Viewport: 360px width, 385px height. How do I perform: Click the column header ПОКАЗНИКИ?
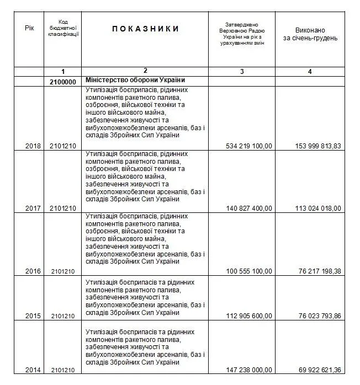[146, 29]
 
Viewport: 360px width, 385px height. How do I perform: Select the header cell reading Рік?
[29, 28]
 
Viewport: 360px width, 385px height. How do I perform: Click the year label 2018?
[34, 146]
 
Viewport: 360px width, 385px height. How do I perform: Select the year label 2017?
[34, 208]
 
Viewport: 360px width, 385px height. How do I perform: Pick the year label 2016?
[34, 271]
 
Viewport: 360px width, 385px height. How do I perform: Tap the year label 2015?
[34, 316]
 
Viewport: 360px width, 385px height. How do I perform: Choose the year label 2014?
[34, 369]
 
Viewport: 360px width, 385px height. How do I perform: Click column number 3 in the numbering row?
[242, 72]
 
